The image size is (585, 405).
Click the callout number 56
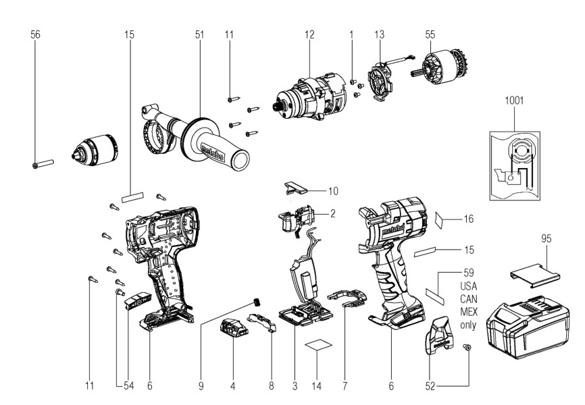coord(35,34)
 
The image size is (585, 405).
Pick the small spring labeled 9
coord(256,301)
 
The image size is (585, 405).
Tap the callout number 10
coord(333,191)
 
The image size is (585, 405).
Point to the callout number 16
coord(468,219)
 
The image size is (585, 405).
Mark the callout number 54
coord(128,386)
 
